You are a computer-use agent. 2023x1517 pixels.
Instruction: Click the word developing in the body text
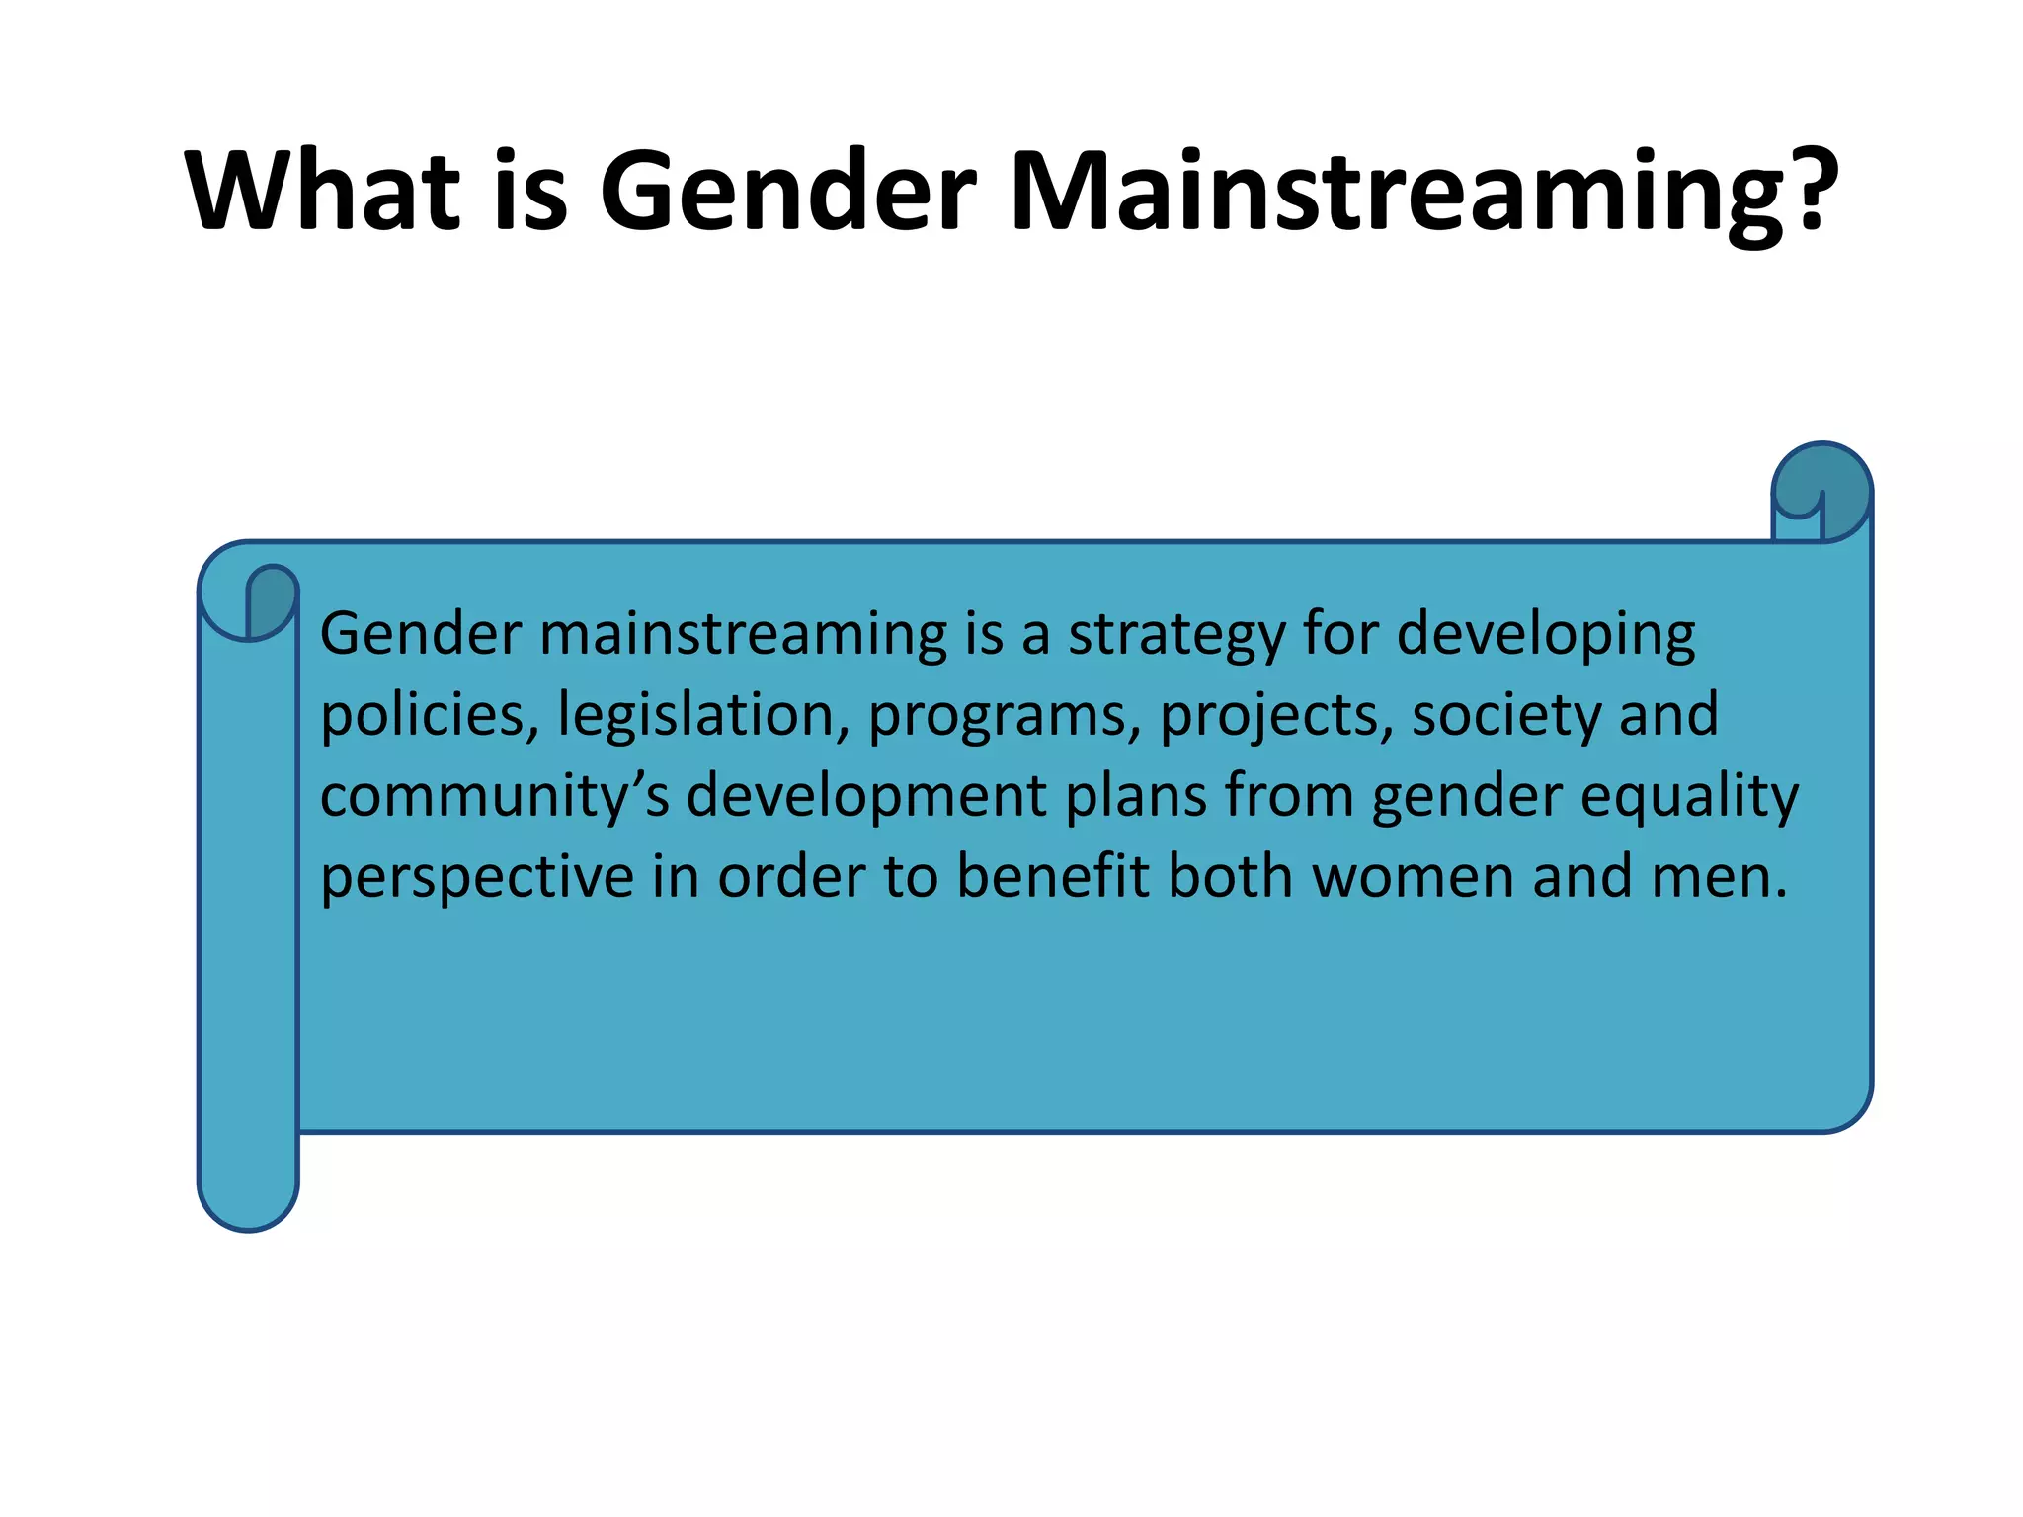1545,635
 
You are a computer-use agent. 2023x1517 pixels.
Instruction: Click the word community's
495,796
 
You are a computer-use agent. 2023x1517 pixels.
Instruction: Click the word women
1413,877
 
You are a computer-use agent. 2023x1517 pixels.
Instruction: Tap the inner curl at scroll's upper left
271,599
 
